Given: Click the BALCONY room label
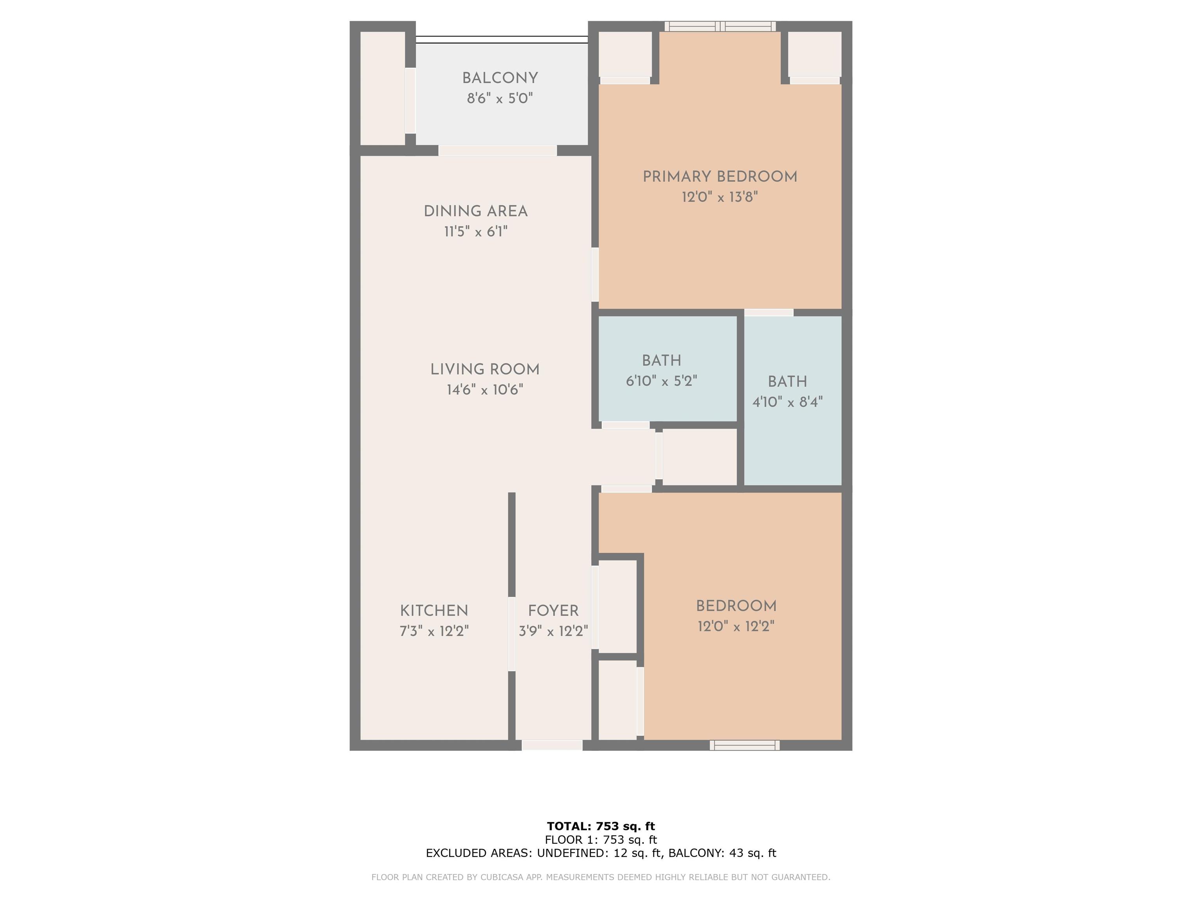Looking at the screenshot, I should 500,78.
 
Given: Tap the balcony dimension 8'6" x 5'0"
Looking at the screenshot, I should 500,98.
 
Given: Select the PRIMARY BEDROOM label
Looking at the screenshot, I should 720,177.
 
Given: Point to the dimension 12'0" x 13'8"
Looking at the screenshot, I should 720,197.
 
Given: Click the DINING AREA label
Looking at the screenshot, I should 475,211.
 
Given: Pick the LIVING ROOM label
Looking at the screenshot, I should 485,370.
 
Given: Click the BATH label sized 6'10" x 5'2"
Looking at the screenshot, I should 661,361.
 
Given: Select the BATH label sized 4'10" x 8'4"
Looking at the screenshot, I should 787,382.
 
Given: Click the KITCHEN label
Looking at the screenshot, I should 434,611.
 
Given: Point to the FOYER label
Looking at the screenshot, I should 553,611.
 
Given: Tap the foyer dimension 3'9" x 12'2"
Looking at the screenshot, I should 553,631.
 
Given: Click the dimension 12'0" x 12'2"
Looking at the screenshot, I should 736,626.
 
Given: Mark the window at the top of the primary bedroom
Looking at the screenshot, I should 720,26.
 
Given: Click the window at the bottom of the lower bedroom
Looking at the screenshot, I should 745,745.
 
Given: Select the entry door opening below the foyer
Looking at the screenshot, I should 552,745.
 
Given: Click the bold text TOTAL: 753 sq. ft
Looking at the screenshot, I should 601,826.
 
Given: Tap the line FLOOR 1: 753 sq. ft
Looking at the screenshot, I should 601,839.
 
